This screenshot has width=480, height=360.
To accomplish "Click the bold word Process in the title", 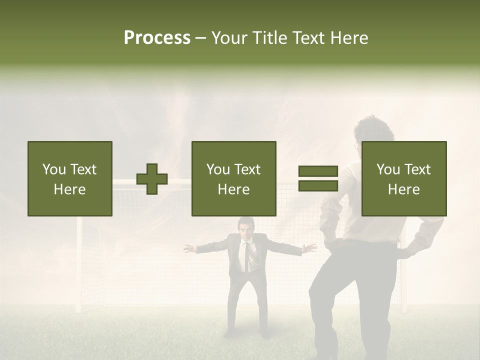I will (157, 38).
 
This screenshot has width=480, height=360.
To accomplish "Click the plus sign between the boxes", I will (152, 179).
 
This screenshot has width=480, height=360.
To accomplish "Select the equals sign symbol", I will (318, 178).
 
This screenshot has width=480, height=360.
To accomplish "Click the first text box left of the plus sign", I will (70, 178).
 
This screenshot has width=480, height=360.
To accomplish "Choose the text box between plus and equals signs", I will (234, 178).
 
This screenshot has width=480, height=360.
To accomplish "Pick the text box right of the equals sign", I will (404, 178).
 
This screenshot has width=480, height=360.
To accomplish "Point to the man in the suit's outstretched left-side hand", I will (189, 247).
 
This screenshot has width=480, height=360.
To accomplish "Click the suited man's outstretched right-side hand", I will (310, 247).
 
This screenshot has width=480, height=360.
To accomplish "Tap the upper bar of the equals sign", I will (318, 171).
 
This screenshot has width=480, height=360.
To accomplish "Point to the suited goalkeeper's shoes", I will (231, 332).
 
